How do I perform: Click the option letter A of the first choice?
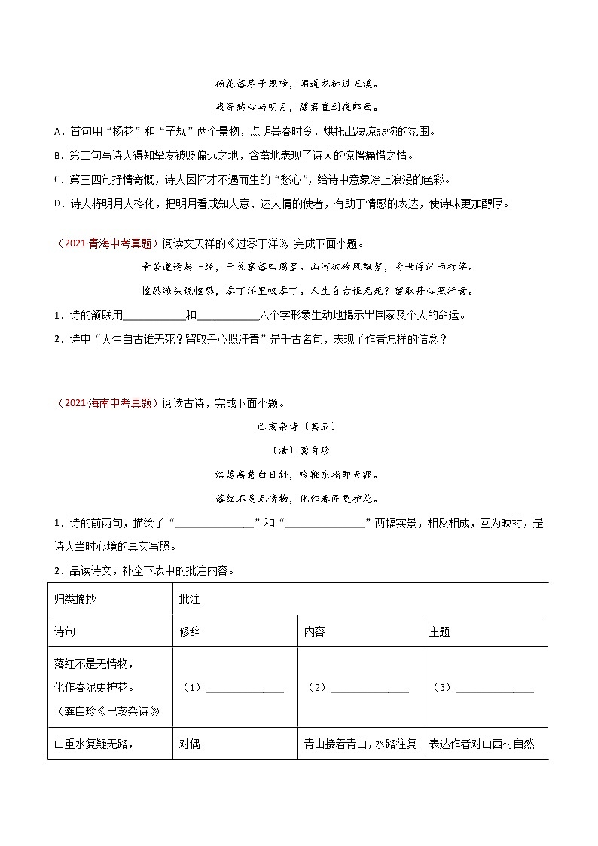(58, 132)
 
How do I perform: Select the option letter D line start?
(58, 204)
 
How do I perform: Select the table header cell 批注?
(189, 599)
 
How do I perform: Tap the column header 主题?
(439, 632)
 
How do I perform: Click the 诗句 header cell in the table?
(65, 632)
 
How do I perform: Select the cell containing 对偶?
(189, 744)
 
